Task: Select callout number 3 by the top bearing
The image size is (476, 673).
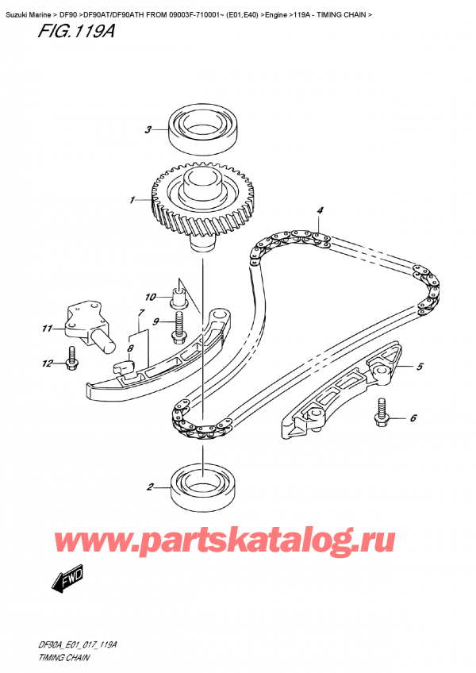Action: tap(148, 130)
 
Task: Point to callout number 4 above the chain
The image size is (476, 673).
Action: tap(320, 210)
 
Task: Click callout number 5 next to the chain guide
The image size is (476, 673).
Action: tap(420, 367)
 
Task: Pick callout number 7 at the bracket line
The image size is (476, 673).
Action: tap(140, 313)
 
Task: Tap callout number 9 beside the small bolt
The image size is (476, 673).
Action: tap(157, 321)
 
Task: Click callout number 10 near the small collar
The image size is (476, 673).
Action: tap(151, 298)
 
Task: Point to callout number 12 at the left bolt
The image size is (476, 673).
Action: tap(47, 364)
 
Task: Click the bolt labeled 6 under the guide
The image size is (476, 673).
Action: tap(382, 411)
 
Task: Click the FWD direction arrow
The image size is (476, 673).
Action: tap(68, 582)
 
